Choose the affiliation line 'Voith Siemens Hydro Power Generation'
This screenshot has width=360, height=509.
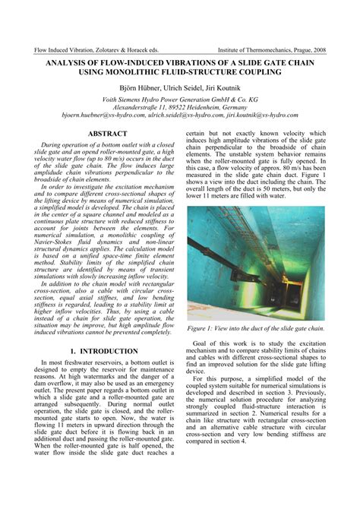click(180, 100)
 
